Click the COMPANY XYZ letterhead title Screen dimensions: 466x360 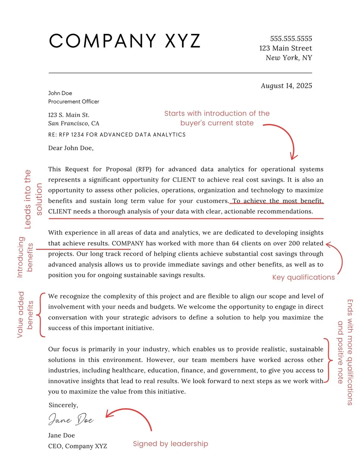[x=125, y=41]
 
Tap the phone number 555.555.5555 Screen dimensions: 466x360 [x=291, y=39]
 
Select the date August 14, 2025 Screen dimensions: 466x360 [x=286, y=86]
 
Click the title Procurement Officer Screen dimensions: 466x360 [x=74, y=102]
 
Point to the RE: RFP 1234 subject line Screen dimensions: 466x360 [x=117, y=135]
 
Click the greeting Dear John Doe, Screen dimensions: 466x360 [x=71, y=148]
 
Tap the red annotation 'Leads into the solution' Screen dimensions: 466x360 [x=33, y=199]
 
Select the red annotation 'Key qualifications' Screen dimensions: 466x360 [x=303, y=277]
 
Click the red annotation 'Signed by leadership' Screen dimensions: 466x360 [x=170, y=444]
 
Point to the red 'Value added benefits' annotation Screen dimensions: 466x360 [x=25, y=315]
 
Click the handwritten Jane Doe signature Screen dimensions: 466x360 [x=71, y=420]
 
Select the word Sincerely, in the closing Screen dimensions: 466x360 [x=63, y=405]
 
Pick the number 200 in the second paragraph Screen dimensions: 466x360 [x=294, y=243]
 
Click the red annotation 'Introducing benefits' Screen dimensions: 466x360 [x=25, y=257]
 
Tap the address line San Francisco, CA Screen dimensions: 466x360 [x=74, y=124]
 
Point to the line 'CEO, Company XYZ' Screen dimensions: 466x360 [x=78, y=446]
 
